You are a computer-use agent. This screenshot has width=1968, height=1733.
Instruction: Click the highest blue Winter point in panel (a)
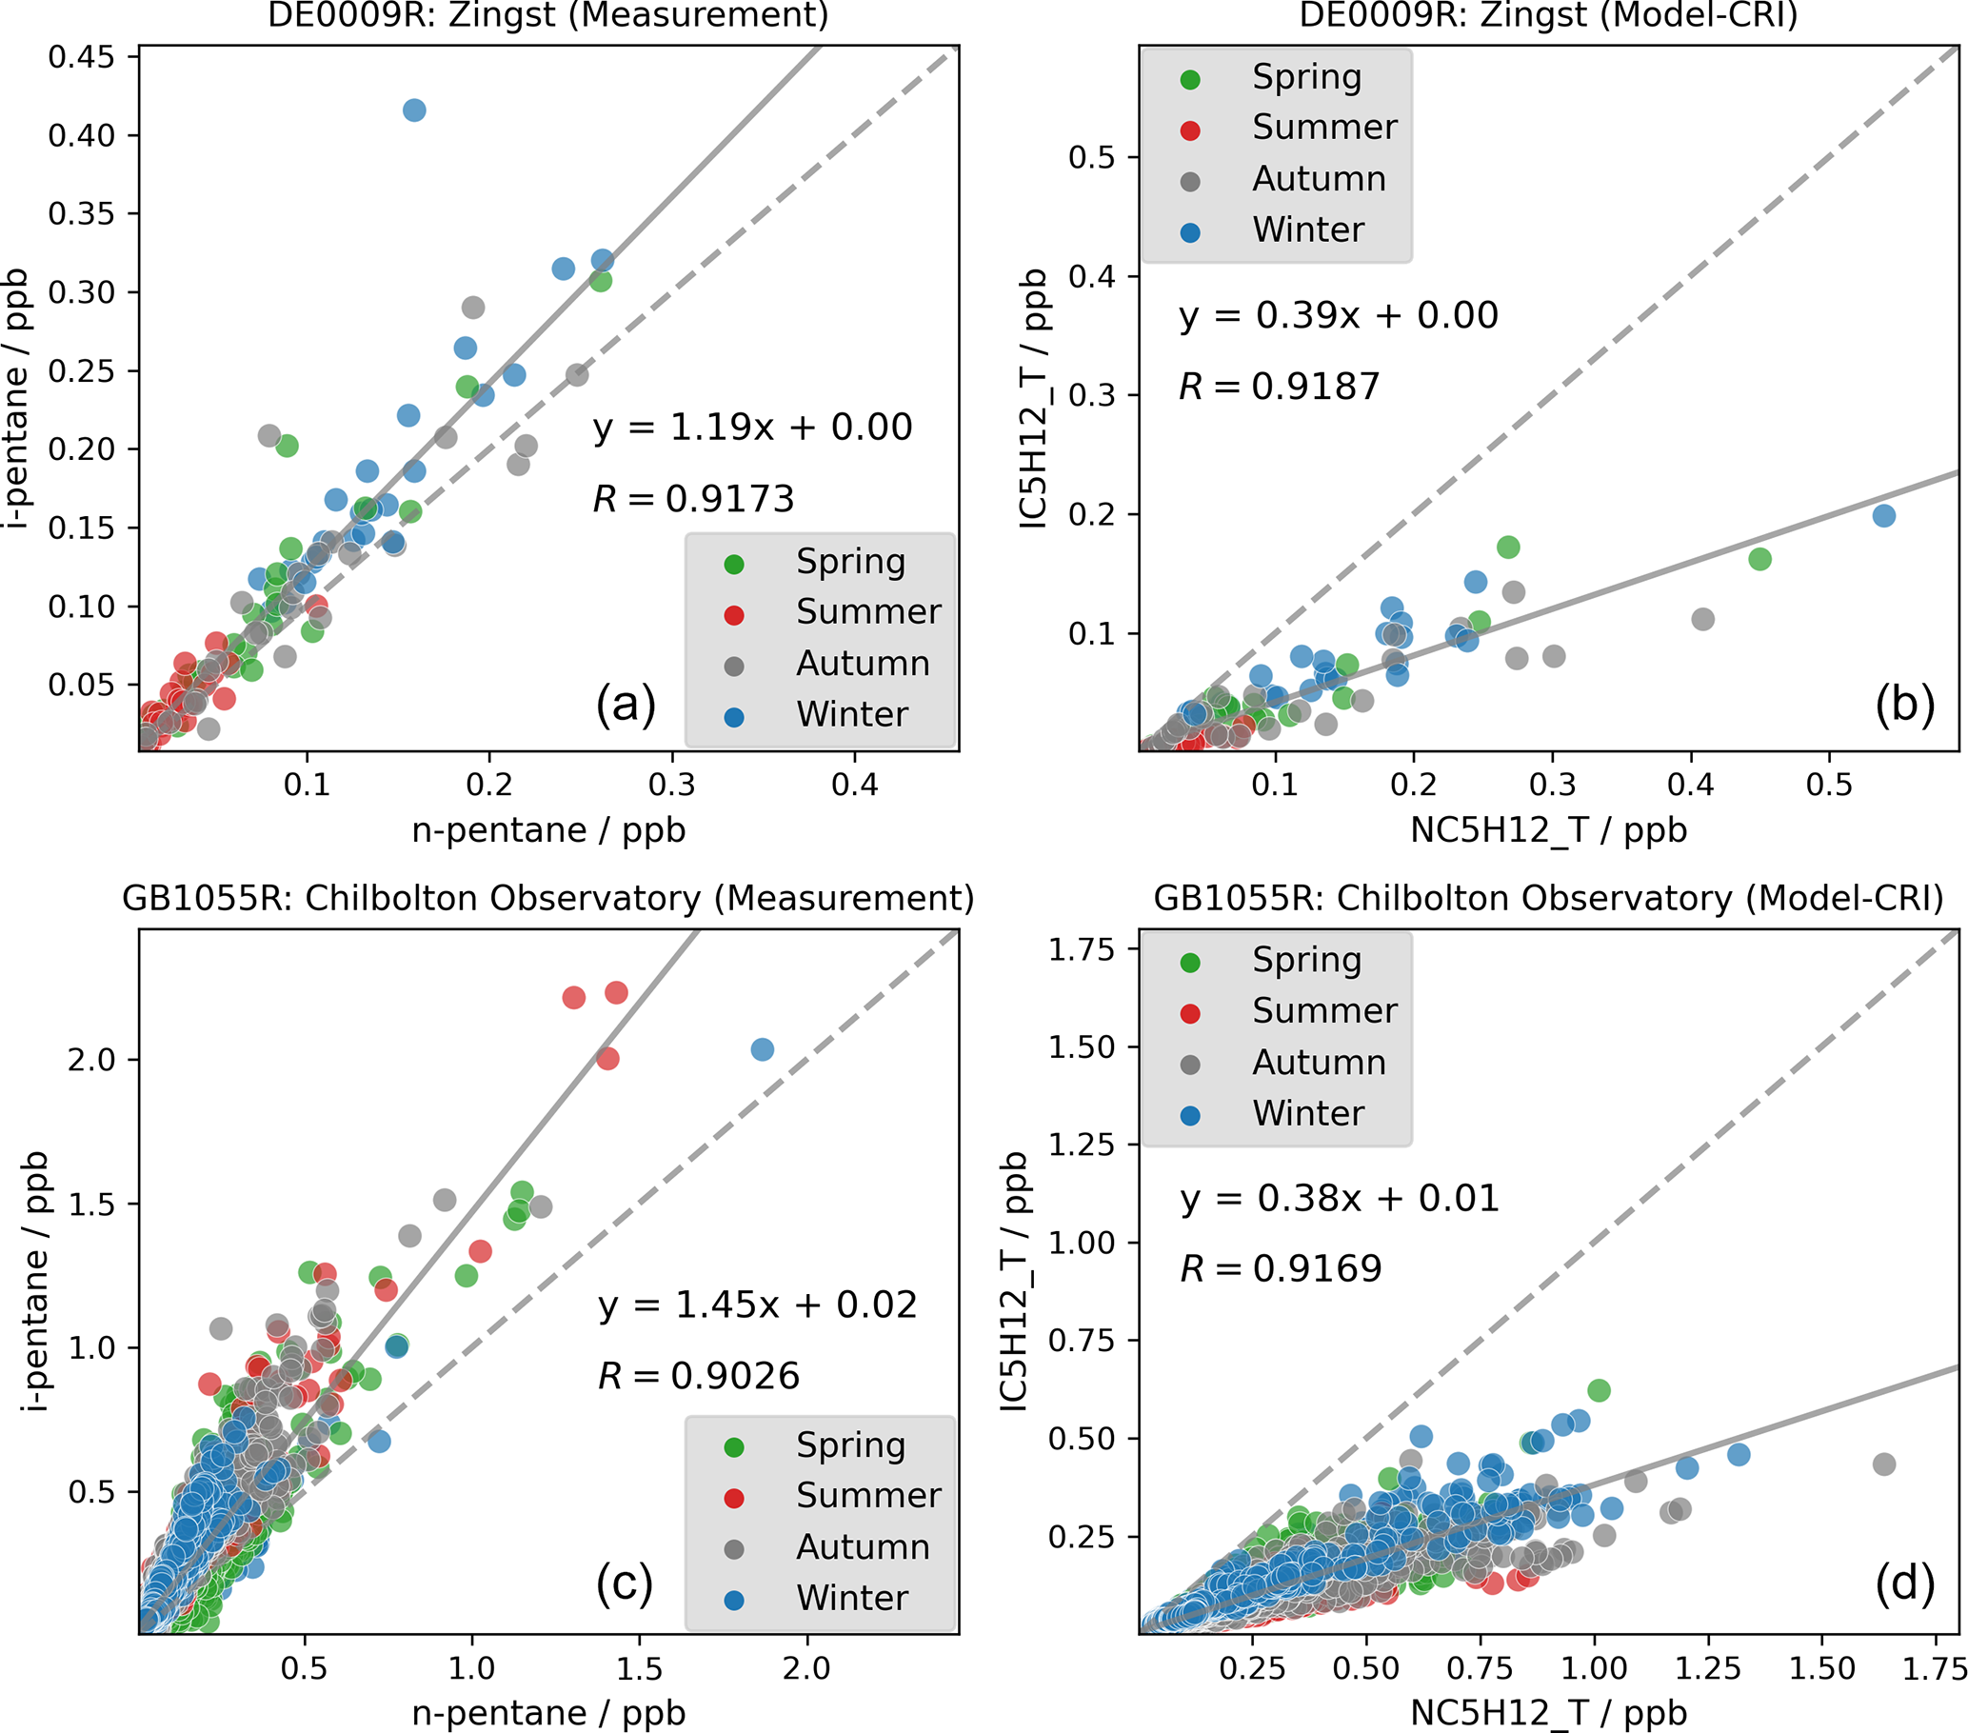tap(414, 110)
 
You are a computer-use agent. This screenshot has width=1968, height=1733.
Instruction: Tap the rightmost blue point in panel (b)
tap(1884, 516)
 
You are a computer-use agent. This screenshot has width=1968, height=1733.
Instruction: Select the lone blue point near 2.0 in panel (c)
tap(762, 1049)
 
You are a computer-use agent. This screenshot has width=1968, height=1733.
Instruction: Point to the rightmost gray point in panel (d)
tap(1884, 1464)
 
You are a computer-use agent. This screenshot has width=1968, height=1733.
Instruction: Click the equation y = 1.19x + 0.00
tap(752, 428)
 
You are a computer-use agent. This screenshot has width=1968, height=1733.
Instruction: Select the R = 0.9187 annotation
tap(1279, 387)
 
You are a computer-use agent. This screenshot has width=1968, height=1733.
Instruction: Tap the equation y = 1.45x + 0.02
tap(757, 1305)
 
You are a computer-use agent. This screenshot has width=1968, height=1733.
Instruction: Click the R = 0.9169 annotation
tap(1281, 1269)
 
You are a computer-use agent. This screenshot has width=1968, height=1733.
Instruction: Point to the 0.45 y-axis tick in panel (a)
tap(81, 57)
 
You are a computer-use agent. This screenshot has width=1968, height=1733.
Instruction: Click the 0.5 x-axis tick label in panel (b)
tap(1828, 785)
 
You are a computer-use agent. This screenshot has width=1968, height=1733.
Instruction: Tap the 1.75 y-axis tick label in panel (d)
tap(1082, 949)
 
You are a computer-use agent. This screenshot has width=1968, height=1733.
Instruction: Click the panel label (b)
tap(1903, 705)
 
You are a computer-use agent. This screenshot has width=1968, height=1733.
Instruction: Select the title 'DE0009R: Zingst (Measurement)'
tap(547, 15)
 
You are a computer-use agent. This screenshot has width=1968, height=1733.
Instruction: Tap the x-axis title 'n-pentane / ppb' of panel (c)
tap(547, 1713)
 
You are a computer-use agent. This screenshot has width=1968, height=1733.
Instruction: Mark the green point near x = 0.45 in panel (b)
tap(1759, 559)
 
